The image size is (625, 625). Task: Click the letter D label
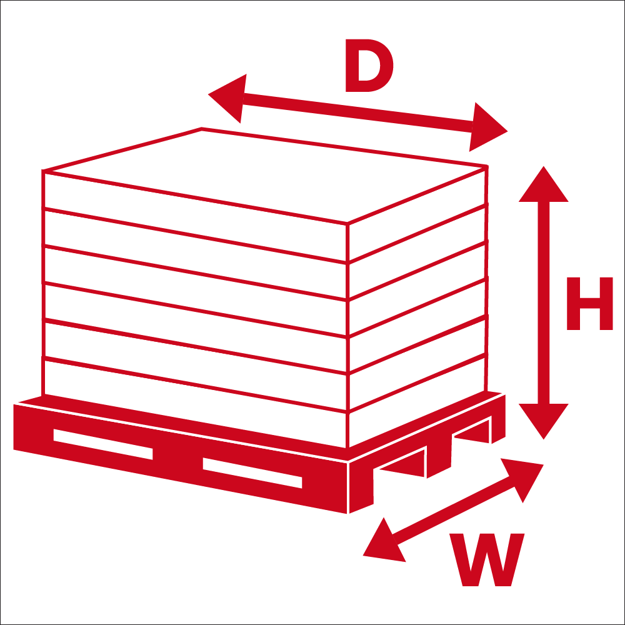369,66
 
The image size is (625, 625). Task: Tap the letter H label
589,303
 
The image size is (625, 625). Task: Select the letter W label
487,559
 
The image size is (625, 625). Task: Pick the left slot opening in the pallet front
103,444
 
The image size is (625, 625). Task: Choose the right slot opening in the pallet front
252,472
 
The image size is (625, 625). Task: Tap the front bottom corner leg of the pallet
361,488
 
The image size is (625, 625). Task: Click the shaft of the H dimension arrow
543,303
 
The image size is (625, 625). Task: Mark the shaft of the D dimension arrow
357,112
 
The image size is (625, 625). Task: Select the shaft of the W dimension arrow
453,511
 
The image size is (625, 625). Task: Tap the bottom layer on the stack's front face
195,403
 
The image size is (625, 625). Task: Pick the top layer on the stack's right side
417,214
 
